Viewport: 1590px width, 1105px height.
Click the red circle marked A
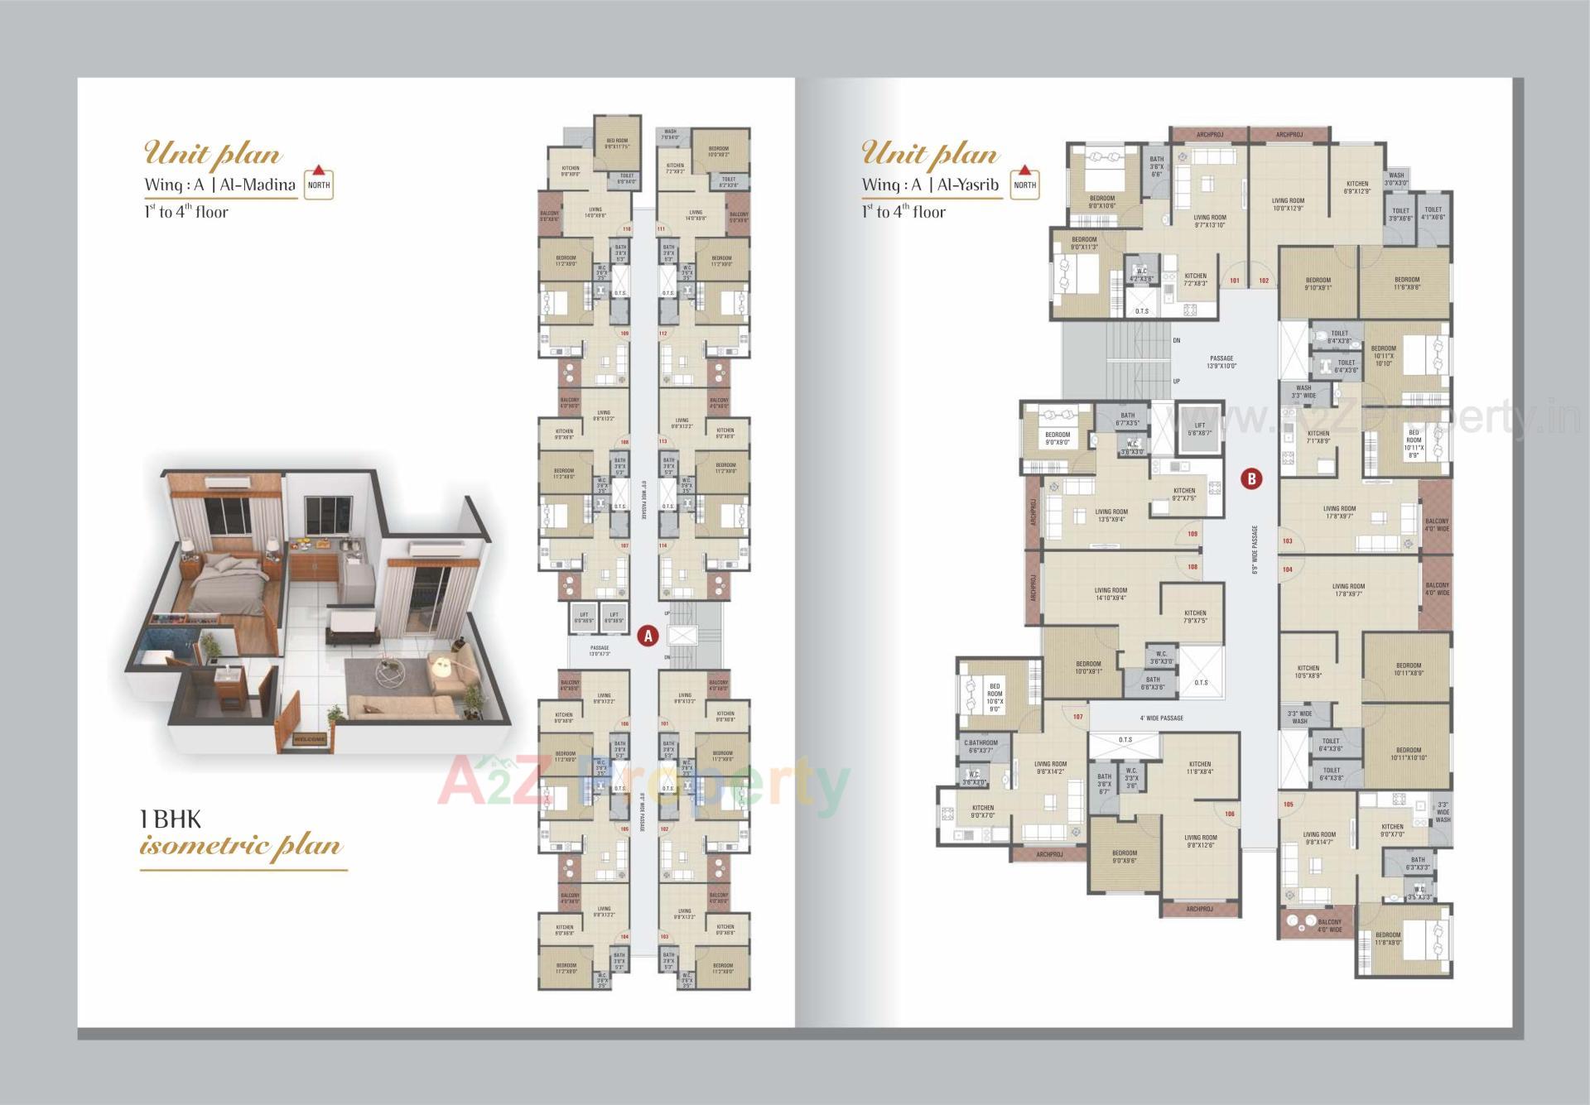click(648, 636)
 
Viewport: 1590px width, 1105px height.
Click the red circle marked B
click(1251, 478)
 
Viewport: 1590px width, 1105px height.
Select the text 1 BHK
click(171, 819)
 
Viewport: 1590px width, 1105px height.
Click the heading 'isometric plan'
click(241, 847)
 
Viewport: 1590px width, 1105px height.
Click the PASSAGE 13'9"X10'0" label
click(1221, 362)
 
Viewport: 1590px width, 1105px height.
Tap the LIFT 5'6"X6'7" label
click(1199, 429)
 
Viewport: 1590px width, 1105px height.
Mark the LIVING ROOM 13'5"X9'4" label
click(1111, 516)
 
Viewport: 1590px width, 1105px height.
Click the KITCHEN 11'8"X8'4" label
click(1200, 768)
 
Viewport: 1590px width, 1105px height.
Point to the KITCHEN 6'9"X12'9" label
click(1357, 188)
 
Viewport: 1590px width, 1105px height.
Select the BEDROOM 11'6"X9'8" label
click(1407, 284)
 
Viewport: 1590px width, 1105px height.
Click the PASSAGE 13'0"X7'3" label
click(600, 651)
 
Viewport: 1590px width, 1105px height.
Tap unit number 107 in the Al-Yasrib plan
click(1077, 716)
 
